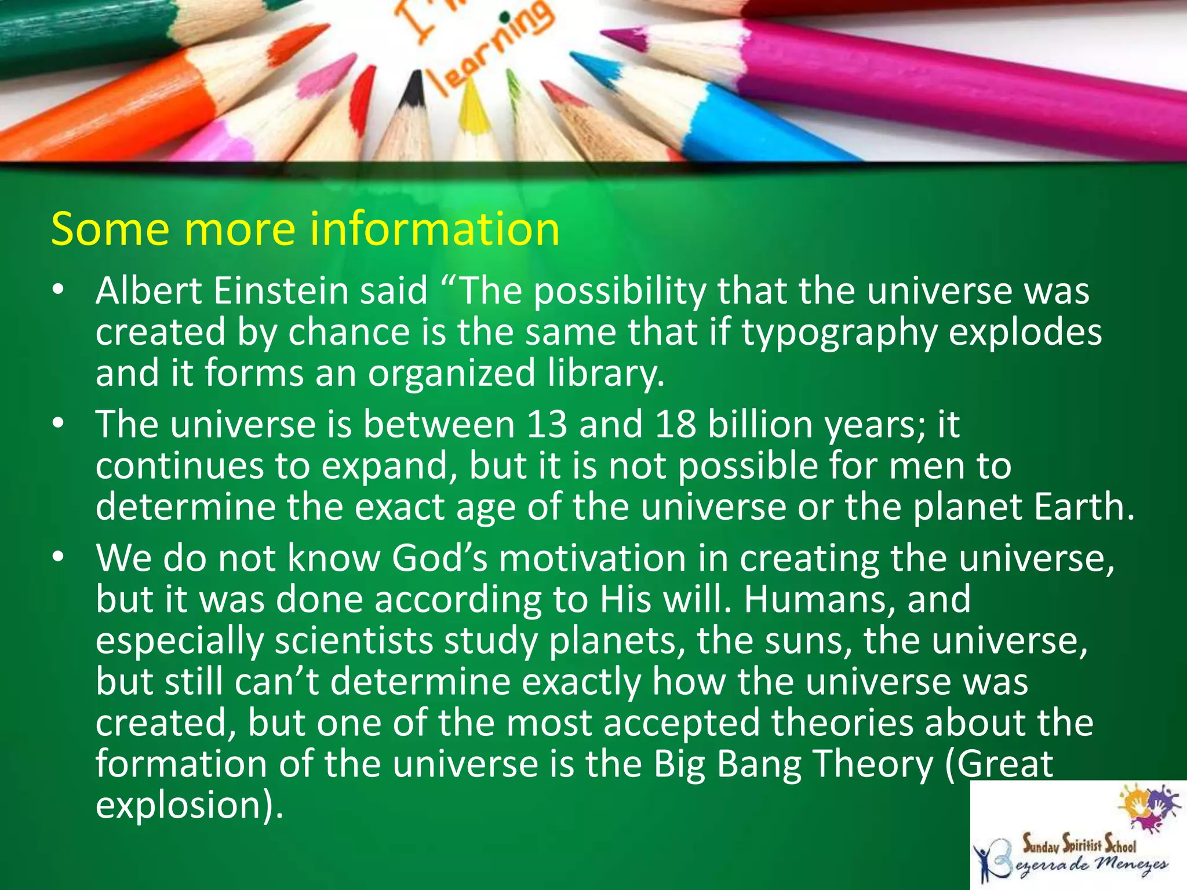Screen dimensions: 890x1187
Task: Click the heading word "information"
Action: [x=435, y=229]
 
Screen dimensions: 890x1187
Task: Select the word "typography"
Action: [x=839, y=333]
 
